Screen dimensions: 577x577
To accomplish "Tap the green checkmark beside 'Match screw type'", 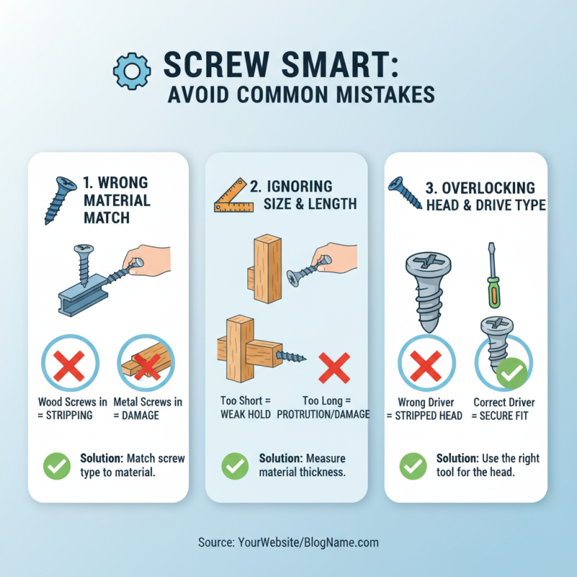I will click(56, 465).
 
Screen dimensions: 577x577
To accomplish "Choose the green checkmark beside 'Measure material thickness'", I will click(234, 465).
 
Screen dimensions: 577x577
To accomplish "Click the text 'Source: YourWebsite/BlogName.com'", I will click(288, 542).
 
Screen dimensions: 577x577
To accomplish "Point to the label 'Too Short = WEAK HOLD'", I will click(246, 408).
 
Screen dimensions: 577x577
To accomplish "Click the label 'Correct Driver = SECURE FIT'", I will click(503, 408).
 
